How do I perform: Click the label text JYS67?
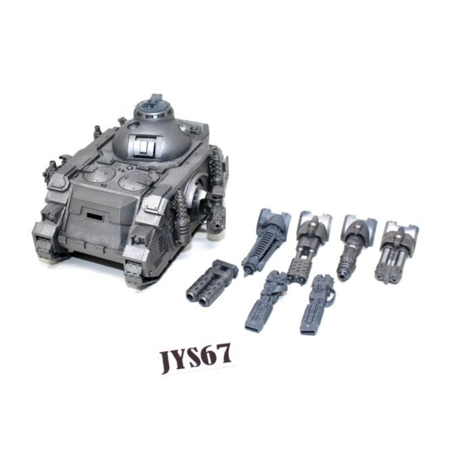[196, 358]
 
